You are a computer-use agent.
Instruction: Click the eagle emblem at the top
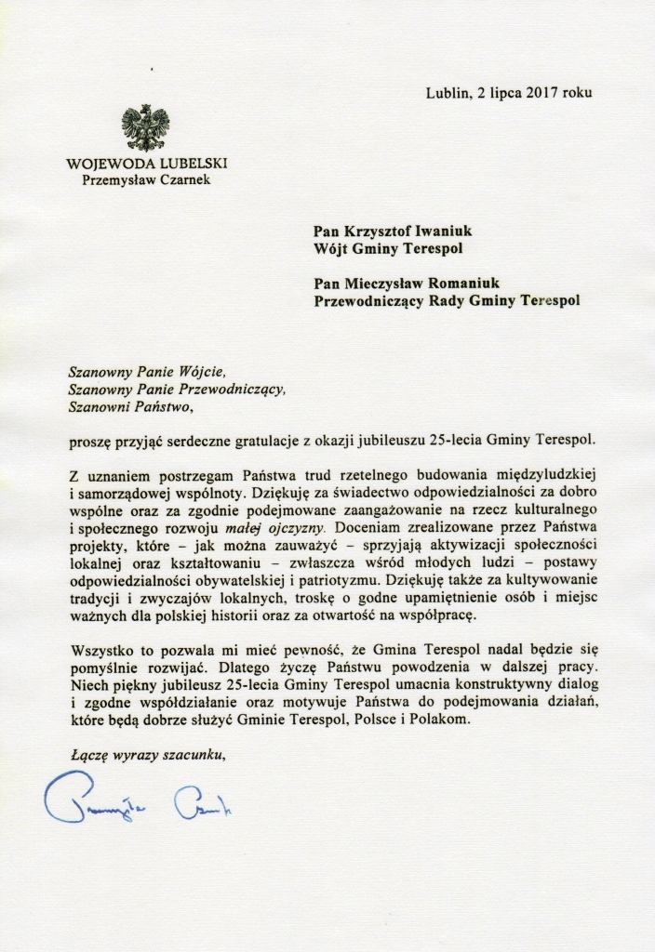pos(146,128)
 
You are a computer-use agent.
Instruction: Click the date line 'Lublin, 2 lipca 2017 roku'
pos(508,92)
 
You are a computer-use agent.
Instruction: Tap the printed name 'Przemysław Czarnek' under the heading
pos(146,179)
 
